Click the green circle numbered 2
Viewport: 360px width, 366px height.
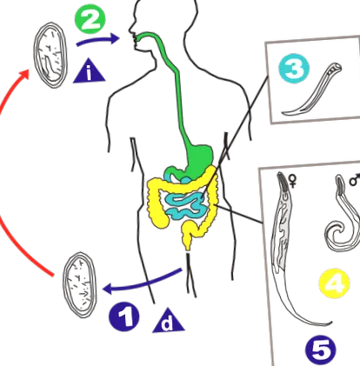[x=90, y=20]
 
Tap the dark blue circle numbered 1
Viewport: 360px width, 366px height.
[x=124, y=316]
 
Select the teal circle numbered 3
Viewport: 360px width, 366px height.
[x=294, y=69]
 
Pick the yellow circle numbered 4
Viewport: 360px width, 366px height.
[x=334, y=283]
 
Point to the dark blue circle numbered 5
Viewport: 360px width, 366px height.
[x=321, y=350]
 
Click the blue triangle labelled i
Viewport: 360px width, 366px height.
[x=89, y=72]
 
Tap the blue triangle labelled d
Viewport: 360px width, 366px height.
[x=169, y=322]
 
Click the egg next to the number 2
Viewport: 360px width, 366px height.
[x=50, y=55]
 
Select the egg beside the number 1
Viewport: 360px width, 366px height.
[x=80, y=285]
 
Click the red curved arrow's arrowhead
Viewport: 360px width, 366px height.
[x=24, y=75]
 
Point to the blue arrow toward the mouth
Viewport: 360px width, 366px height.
[x=97, y=40]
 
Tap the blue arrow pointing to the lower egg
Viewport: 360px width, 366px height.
[x=142, y=283]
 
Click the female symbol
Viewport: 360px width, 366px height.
[x=293, y=182]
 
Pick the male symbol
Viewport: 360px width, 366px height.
[x=355, y=179]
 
